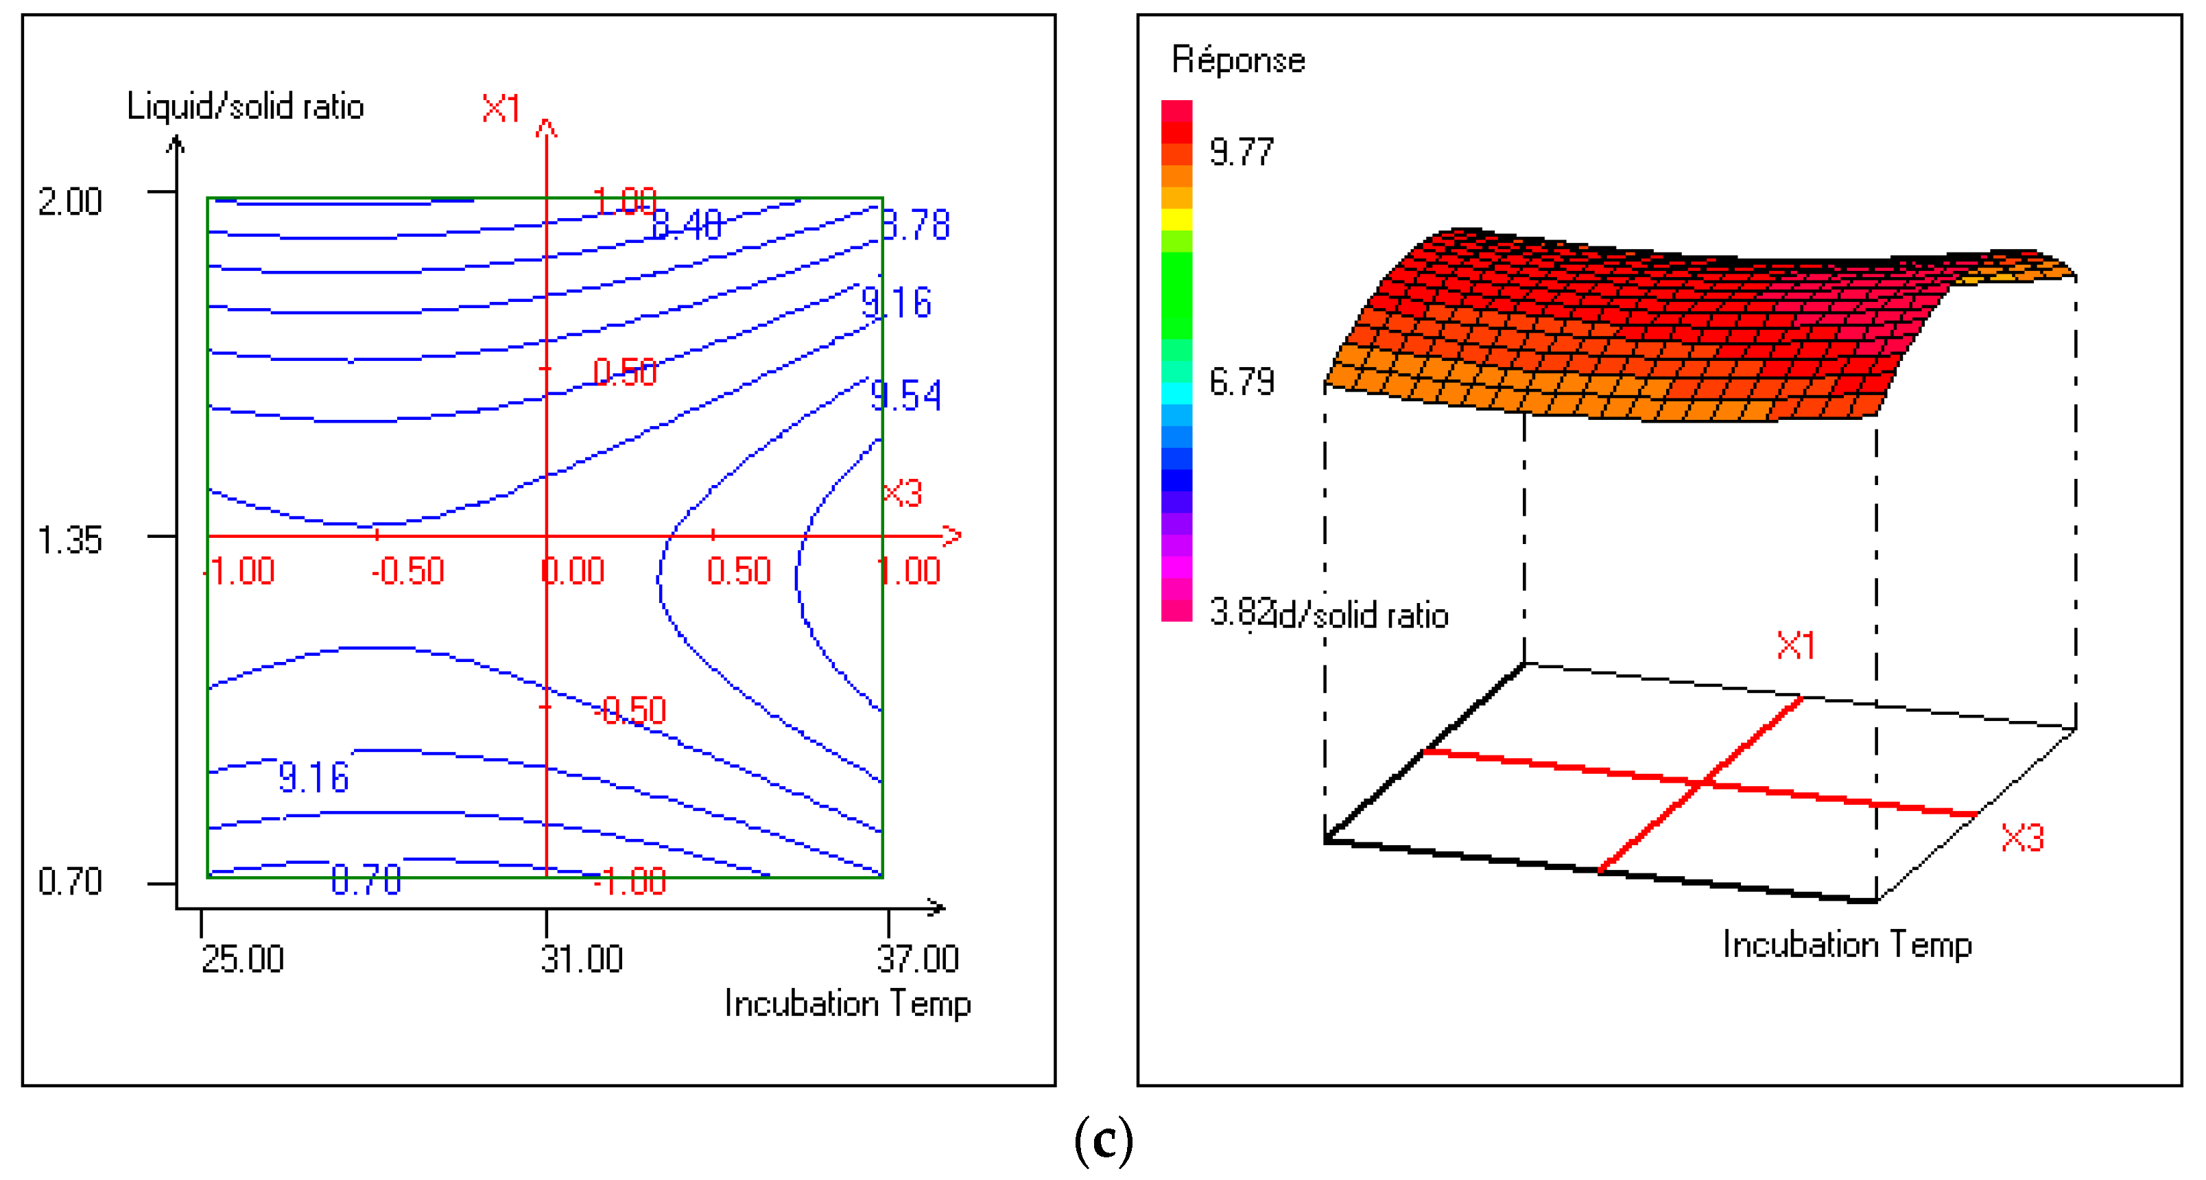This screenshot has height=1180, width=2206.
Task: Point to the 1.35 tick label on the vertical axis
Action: pyautogui.click(x=69, y=541)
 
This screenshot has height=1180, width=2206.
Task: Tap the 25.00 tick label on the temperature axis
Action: pyautogui.click(x=242, y=959)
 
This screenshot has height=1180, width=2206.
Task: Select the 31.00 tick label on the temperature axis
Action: pyautogui.click(x=582, y=959)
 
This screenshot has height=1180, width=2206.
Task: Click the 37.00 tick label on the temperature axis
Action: pyautogui.click(x=917, y=959)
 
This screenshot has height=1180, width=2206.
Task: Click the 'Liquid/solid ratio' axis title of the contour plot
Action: pyautogui.click(x=245, y=107)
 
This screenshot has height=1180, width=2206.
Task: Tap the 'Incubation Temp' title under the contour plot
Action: pyautogui.click(x=847, y=1004)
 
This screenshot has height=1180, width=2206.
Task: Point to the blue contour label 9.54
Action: pyautogui.click(x=905, y=397)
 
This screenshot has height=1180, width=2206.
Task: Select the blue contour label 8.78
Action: pyautogui.click(x=916, y=225)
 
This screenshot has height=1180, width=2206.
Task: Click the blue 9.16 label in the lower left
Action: pyautogui.click(x=313, y=777)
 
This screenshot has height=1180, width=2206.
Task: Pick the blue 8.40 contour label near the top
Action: pyautogui.click(x=687, y=225)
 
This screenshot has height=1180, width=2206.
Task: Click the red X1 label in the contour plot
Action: pyautogui.click(x=501, y=110)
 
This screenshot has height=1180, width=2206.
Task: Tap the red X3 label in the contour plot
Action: pyautogui.click(x=903, y=493)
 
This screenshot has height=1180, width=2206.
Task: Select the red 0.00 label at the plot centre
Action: pyautogui.click(x=573, y=571)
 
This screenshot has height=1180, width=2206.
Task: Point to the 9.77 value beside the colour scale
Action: pyautogui.click(x=1241, y=152)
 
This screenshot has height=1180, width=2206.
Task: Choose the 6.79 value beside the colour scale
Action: pyautogui.click(x=1241, y=382)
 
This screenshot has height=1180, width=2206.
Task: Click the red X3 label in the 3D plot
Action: pyautogui.click(x=2022, y=838)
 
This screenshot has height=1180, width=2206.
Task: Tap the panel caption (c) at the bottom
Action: pyautogui.click(x=1103, y=1141)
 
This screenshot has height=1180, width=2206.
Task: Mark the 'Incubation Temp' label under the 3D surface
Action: pyautogui.click(x=1847, y=945)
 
